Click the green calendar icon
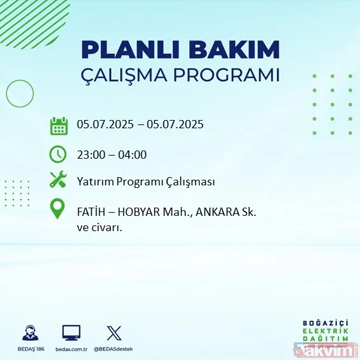(59, 125)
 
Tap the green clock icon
(58, 154)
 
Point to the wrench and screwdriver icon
(58, 181)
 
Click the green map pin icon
(58, 210)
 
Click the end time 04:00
(133, 154)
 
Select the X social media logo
(114, 333)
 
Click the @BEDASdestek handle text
(115, 349)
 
